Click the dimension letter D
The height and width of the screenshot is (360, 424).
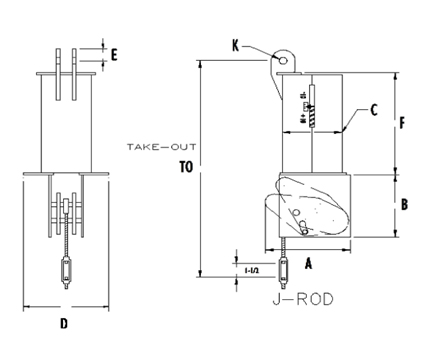click(64, 322)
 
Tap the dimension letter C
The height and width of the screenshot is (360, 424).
click(373, 110)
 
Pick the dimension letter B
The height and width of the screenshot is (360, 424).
click(404, 204)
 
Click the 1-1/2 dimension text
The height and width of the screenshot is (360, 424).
click(251, 268)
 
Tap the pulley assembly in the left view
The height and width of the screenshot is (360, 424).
click(65, 211)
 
